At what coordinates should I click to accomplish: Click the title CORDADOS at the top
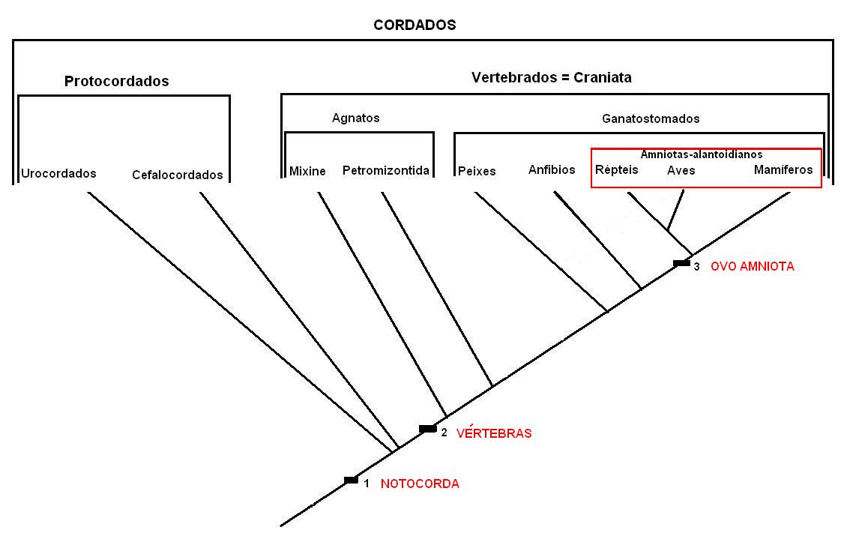tap(415, 25)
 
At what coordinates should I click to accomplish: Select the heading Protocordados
tap(116, 81)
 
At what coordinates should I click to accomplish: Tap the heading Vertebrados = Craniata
tap(551, 77)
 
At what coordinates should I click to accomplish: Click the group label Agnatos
tap(355, 118)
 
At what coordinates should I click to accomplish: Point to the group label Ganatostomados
tap(651, 118)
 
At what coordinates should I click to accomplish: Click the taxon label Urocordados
tap(58, 173)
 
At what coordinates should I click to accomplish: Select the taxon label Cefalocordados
tap(177, 175)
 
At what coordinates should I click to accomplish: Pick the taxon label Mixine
tap(307, 171)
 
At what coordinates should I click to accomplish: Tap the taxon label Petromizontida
tap(385, 170)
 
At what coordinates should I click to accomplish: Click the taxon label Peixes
tap(477, 171)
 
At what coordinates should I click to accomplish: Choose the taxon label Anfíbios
tap(552, 169)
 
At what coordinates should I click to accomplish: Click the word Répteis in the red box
tap(616, 169)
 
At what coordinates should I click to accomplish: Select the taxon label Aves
tap(681, 170)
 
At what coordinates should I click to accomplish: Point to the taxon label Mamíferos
tap(783, 169)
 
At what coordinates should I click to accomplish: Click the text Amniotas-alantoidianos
tap(701, 154)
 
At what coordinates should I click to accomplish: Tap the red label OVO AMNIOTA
tap(752, 266)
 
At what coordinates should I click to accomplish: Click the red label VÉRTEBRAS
tap(494, 433)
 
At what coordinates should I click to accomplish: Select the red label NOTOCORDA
tap(420, 484)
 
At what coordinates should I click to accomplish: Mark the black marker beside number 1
tap(351, 480)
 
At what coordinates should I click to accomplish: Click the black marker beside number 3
tap(681, 263)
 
